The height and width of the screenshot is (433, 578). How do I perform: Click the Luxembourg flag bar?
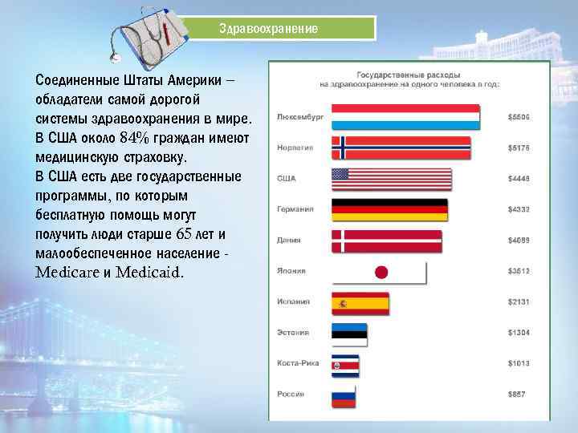[405, 117]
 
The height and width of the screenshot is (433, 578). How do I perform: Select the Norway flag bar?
[401, 148]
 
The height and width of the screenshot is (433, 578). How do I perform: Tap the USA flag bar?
[391, 179]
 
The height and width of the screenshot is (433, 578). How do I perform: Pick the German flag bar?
[389, 209]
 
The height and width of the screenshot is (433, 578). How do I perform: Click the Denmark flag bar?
[386, 241]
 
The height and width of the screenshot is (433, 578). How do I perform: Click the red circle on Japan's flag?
[381, 272]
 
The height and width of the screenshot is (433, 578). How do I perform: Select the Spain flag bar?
[360, 303]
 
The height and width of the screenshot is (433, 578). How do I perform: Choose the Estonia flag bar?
[349, 334]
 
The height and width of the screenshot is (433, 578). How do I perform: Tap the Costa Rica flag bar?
[346, 365]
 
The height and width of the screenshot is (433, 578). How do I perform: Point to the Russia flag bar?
[344, 395]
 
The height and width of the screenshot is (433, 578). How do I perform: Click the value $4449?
[519, 179]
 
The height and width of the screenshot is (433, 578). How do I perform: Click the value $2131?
[519, 303]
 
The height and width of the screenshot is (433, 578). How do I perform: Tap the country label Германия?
[295, 209]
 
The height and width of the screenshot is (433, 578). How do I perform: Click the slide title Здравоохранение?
[269, 28]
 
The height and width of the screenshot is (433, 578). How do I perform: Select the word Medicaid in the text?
[149, 272]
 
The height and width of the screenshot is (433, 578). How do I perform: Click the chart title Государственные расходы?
[409, 72]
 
